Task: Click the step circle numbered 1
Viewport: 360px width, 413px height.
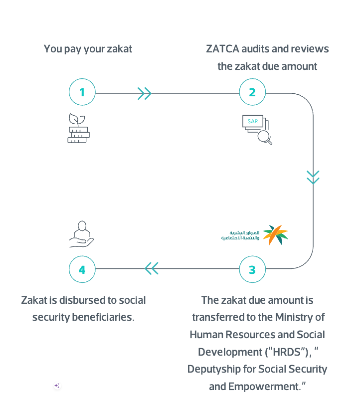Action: tap(82, 92)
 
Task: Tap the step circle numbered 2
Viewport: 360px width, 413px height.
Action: tap(252, 92)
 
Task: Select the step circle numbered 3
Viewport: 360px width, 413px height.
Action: tap(252, 269)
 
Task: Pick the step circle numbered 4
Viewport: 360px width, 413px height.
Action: tap(82, 269)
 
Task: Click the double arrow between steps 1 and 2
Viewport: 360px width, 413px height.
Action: tap(145, 93)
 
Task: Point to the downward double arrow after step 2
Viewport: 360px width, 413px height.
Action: tap(313, 177)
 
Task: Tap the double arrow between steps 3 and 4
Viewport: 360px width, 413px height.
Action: tap(152, 269)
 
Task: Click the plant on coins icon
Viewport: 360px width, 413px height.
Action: tap(78, 129)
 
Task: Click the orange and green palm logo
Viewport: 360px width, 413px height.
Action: tap(275, 234)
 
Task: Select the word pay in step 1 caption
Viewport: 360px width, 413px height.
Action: tap(73, 49)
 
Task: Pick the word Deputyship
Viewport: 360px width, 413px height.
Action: tap(215, 369)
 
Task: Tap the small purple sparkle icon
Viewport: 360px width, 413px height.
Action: tap(57, 386)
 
